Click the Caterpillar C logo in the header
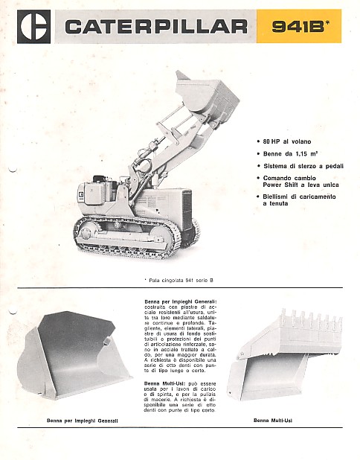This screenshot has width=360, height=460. (34, 26)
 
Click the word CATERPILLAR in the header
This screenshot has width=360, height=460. (156, 27)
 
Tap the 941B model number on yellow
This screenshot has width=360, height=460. (293, 27)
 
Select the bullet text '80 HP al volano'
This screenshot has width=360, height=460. (286, 141)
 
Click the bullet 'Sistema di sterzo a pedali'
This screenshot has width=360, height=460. (298, 166)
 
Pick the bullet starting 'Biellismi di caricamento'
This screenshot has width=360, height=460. (298, 197)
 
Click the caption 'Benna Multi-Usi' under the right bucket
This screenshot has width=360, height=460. (272, 420)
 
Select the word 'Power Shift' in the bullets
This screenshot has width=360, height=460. (280, 184)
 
